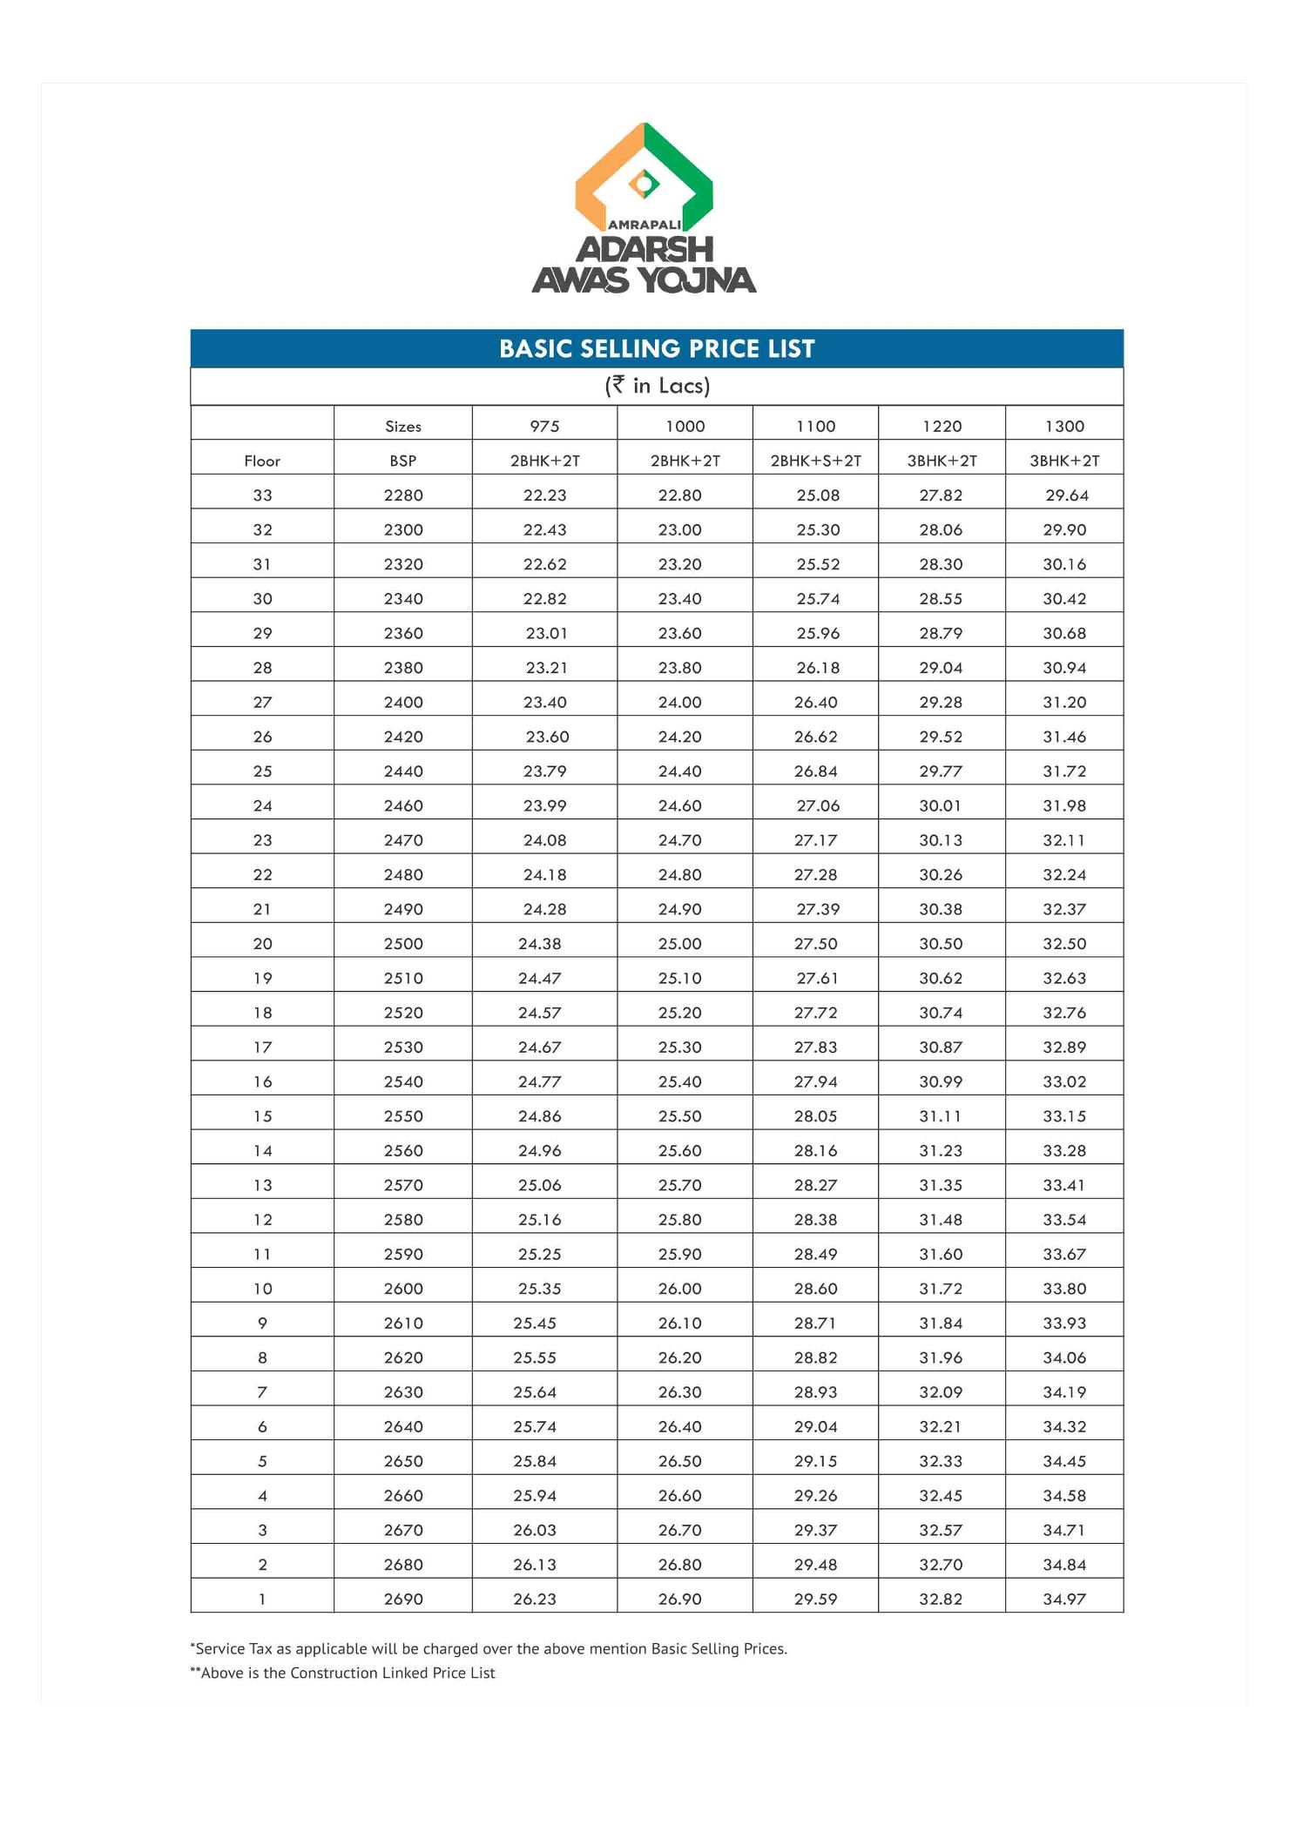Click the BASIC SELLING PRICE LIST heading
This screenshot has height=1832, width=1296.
pyautogui.click(x=657, y=348)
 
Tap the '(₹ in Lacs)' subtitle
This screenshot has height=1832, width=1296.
pyautogui.click(x=657, y=386)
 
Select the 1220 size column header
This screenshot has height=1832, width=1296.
pyautogui.click(x=942, y=426)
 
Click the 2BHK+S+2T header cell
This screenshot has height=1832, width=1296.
pyautogui.click(x=815, y=461)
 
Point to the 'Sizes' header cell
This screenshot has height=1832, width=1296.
pyautogui.click(x=402, y=426)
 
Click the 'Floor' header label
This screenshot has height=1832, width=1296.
pyautogui.click(x=262, y=461)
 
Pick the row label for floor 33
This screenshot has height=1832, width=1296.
pyautogui.click(x=262, y=495)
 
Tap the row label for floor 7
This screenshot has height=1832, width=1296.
pyautogui.click(x=262, y=1391)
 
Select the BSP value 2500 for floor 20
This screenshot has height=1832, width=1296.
pyautogui.click(x=403, y=944)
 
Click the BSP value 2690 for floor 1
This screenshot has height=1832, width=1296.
pyautogui.click(x=403, y=1599)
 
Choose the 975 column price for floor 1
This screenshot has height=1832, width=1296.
pyautogui.click(x=534, y=1599)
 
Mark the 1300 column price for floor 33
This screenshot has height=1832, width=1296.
pyautogui.click(x=1067, y=495)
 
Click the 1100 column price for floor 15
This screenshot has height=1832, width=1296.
pyautogui.click(x=815, y=1116)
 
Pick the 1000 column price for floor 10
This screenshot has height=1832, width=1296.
pyautogui.click(x=679, y=1289)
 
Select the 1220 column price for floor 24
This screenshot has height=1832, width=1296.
pyautogui.click(x=940, y=805)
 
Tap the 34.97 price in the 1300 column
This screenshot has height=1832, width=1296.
pyautogui.click(x=1064, y=1599)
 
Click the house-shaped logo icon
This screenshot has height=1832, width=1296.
pyautogui.click(x=644, y=174)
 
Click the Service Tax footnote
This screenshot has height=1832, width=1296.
pyautogui.click(x=489, y=1648)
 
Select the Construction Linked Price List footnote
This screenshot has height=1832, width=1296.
pyautogui.click(x=343, y=1673)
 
